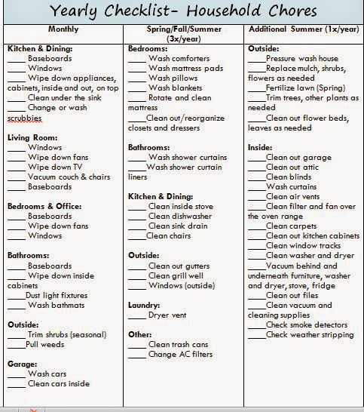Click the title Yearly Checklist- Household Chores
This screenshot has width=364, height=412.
pyautogui.click(x=182, y=11)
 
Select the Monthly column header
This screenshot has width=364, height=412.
pyautogui.click(x=63, y=29)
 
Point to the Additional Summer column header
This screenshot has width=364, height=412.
pyautogui.click(x=303, y=29)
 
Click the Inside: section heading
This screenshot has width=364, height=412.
pyautogui.click(x=261, y=147)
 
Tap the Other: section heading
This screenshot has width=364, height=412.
pyautogui.click(x=140, y=334)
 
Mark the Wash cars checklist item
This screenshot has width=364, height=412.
pyautogui.click(x=48, y=374)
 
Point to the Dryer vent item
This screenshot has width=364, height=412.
pyautogui.click(x=168, y=315)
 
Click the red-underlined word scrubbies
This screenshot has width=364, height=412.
pyautogui.click(x=25, y=118)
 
